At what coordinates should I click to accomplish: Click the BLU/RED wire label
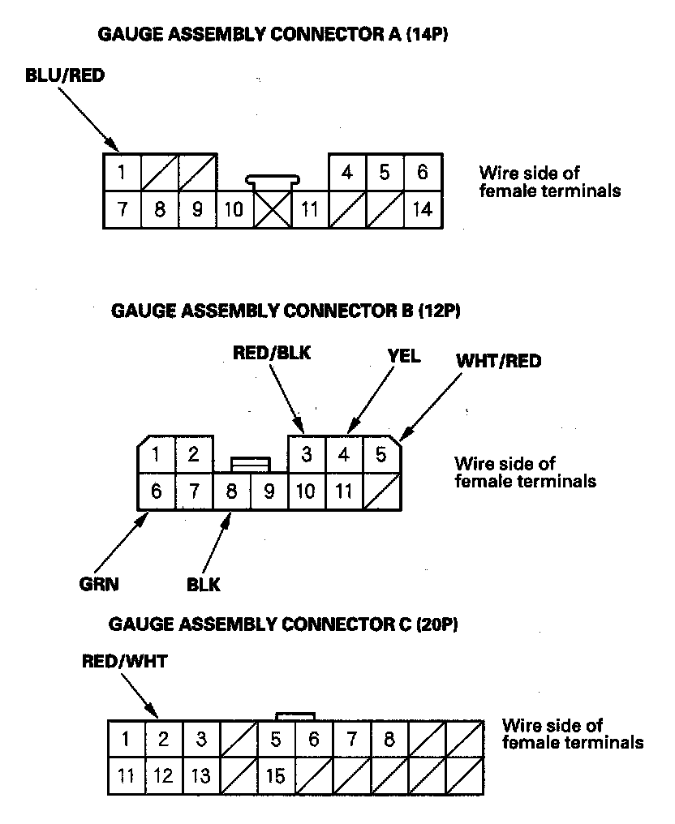tap(65, 76)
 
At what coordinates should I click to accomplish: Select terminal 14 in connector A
tap(422, 209)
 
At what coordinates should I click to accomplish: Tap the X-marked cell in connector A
tap(273, 209)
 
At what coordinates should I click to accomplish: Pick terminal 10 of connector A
tap(234, 209)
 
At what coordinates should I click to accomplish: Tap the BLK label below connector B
tap(203, 584)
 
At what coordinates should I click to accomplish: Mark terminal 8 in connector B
tap(232, 491)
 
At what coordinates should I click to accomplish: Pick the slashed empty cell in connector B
tap(382, 491)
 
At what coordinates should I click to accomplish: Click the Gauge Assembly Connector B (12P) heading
tap(290, 310)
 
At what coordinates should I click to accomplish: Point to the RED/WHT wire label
tap(124, 661)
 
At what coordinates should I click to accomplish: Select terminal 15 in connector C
tap(276, 776)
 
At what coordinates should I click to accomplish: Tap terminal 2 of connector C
tap(163, 739)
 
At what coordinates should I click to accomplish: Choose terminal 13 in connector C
tap(201, 776)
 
